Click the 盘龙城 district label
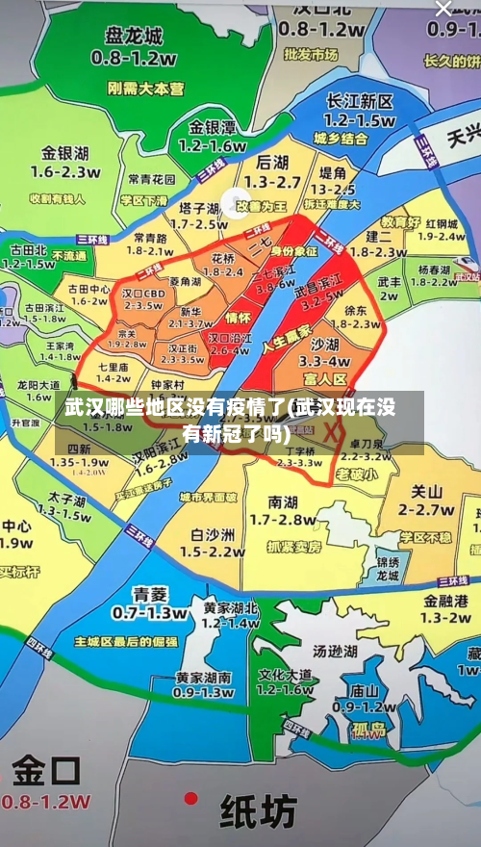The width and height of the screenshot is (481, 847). pyautogui.click(x=134, y=36)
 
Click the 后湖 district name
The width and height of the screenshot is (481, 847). pyautogui.click(x=272, y=163)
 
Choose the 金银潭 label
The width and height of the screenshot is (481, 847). pyautogui.click(x=212, y=127)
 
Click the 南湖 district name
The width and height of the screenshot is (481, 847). pyautogui.click(x=283, y=501)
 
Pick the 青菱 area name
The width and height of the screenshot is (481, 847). pyautogui.click(x=150, y=593)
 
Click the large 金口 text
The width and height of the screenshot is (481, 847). pyautogui.click(x=46, y=771)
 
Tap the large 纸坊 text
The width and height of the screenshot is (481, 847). pyautogui.click(x=258, y=812)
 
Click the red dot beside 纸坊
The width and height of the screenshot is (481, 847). pyautogui.click(x=191, y=798)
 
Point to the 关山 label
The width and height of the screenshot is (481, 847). pyautogui.click(x=426, y=491)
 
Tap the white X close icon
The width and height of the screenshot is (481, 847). pyautogui.click(x=443, y=9)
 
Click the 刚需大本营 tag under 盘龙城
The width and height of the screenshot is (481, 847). pyautogui.click(x=145, y=88)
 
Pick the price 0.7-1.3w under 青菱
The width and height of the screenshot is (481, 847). pyautogui.click(x=150, y=612)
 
